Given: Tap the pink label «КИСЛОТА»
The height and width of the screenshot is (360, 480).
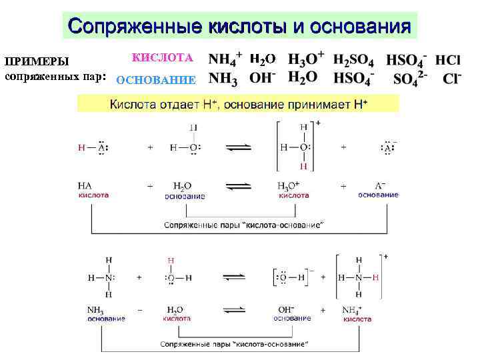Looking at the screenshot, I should click(163, 58).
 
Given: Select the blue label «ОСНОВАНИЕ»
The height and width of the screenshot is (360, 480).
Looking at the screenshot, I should click(156, 80).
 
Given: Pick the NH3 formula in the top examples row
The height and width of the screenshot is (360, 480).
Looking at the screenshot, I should click(223, 79).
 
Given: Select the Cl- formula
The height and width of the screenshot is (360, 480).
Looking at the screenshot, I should click(451, 79).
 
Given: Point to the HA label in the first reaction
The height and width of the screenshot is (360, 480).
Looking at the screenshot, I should click(85, 187).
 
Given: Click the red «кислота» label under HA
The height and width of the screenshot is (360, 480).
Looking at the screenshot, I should click(93, 196).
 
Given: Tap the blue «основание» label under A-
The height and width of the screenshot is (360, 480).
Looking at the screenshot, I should click(378, 195).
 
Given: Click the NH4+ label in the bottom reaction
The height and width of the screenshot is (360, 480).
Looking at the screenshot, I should click(351, 310).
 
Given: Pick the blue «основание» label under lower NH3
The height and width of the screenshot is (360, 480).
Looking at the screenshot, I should click(106, 319).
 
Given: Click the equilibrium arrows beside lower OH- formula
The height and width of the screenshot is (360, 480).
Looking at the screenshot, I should click(237, 310).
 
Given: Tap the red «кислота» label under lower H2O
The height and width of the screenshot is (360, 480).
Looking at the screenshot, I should click(177, 319).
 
